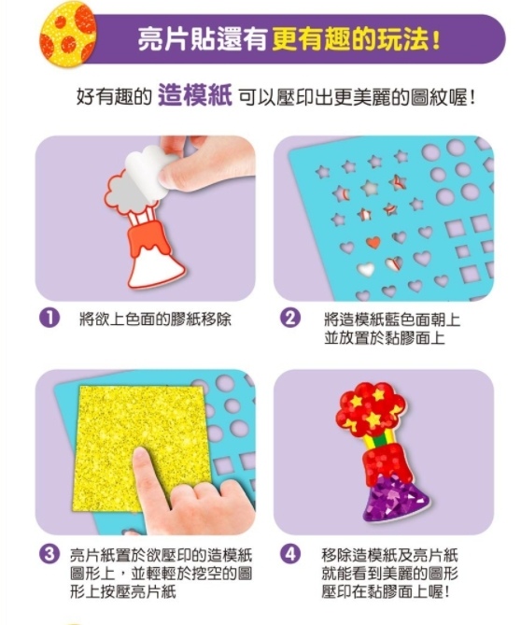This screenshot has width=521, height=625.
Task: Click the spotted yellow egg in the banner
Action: pos(68,35)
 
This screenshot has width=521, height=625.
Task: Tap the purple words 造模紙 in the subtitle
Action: pos(195,96)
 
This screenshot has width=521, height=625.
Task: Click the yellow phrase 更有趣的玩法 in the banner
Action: pos(351,39)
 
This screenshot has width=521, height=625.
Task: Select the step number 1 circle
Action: pos(49,318)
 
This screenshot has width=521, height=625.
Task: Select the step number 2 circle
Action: pos(290,318)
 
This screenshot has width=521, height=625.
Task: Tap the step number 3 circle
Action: pos(49,555)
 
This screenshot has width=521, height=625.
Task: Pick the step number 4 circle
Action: pos(290,555)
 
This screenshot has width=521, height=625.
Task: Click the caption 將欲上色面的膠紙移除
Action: pos(155,319)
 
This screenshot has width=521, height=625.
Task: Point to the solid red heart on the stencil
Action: pos(373,242)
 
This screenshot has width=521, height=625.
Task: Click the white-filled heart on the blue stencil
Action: pos(366,269)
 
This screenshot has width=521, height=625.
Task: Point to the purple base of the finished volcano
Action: pos(394,498)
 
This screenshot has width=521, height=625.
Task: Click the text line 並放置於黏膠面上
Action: pos(384,338)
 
